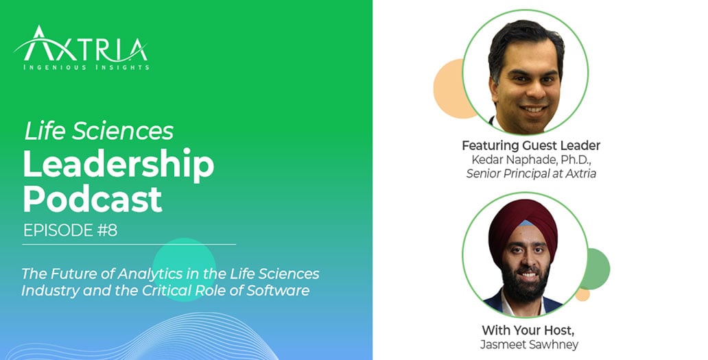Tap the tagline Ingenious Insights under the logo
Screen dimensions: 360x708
click(x=86, y=68)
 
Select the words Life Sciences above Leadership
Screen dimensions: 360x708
click(x=99, y=130)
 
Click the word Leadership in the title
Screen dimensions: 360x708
click(x=118, y=165)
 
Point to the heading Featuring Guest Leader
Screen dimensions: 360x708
click(x=531, y=145)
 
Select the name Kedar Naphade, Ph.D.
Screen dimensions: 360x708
click(x=531, y=160)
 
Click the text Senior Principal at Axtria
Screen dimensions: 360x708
click(x=531, y=173)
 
